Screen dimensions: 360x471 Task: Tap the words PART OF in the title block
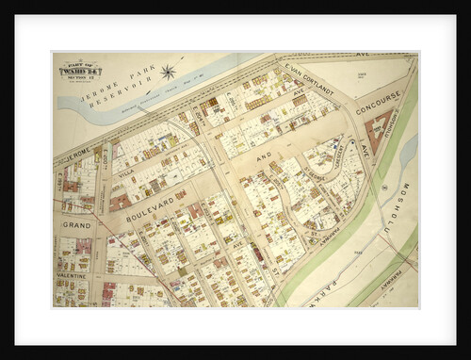tap(81, 62)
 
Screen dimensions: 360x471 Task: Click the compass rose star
tap(169, 71)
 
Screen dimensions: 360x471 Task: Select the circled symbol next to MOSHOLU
tap(384, 186)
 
